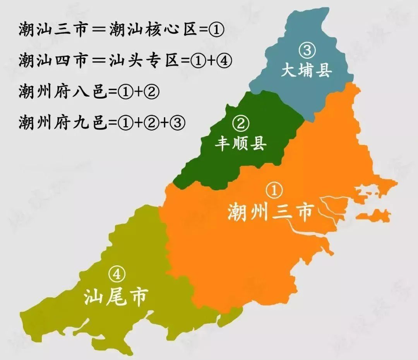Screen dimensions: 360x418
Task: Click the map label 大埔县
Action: [306, 71]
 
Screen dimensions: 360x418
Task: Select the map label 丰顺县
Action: [241, 144]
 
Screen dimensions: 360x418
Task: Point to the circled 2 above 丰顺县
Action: [241, 124]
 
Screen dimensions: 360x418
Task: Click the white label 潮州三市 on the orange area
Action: [270, 212]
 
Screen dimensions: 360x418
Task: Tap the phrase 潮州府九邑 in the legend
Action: [62, 123]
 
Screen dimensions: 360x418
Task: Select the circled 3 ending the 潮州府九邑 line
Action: [178, 123]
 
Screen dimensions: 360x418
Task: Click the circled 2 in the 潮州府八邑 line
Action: [151, 92]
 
